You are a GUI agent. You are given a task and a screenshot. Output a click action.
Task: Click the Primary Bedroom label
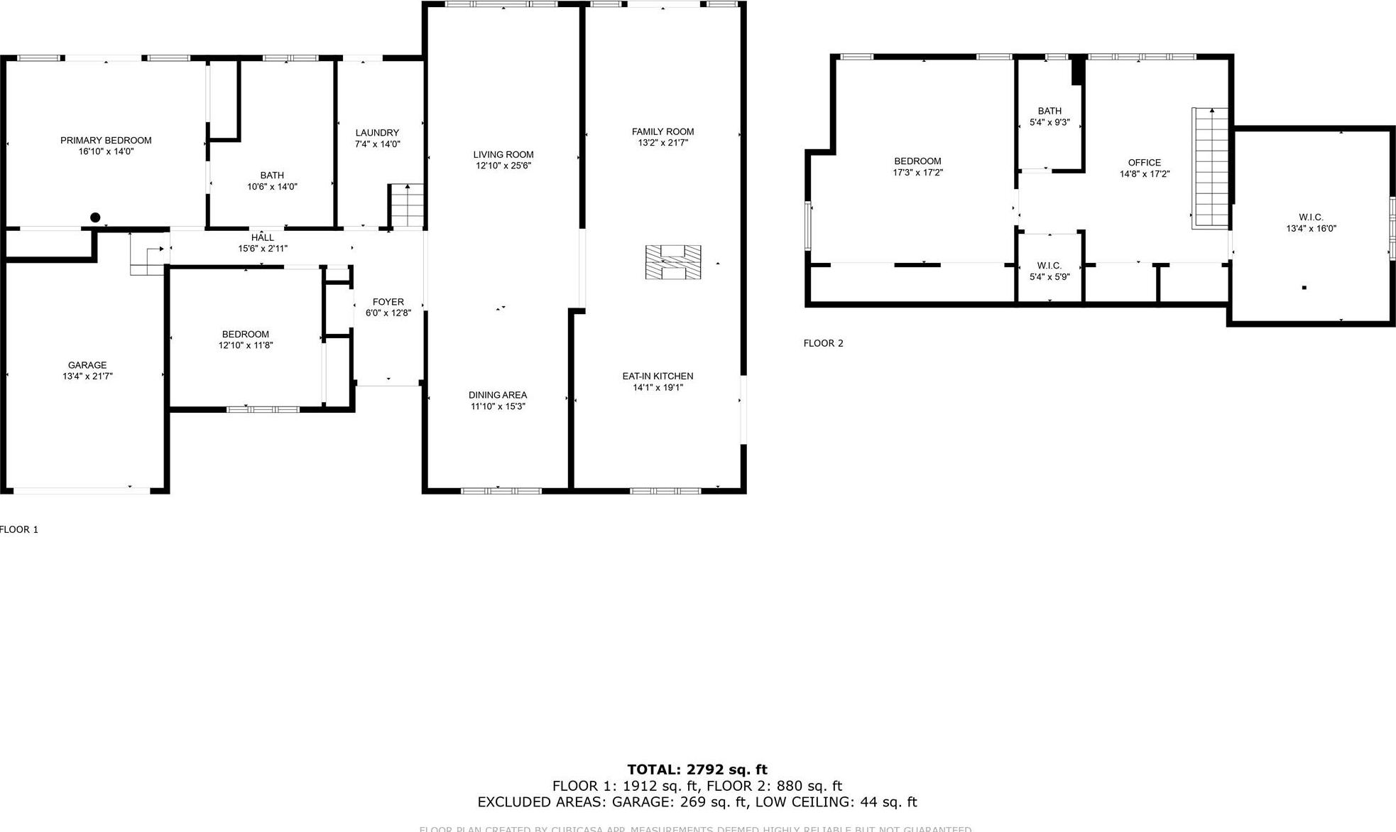tap(106, 141)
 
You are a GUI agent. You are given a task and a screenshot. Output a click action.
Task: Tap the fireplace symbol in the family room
tap(672, 262)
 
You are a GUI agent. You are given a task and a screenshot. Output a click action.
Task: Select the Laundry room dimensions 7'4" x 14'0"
tap(377, 144)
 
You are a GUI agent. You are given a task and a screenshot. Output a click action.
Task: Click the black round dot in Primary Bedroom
tap(95, 217)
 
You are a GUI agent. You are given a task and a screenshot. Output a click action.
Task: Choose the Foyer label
tap(388, 302)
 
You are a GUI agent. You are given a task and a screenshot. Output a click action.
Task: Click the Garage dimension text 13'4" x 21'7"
tap(87, 377)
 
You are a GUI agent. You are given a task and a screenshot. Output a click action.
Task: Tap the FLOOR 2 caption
tap(823, 343)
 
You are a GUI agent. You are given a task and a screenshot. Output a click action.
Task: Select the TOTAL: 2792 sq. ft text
tap(697, 769)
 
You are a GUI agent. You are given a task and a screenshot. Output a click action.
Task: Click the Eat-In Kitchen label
tap(658, 377)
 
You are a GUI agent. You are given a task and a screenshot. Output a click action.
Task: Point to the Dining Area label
tap(497, 395)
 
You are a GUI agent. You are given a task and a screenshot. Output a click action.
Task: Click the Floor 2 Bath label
tap(1049, 111)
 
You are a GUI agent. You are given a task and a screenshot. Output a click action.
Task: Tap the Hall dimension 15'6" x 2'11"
tap(262, 249)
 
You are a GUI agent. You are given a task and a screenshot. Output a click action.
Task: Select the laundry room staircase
tap(406, 205)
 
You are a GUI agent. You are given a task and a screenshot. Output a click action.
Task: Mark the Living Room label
tap(503, 155)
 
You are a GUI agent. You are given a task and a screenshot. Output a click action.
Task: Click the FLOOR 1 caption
tap(19, 529)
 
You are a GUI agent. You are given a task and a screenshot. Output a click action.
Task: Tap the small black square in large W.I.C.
tap(1304, 288)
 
